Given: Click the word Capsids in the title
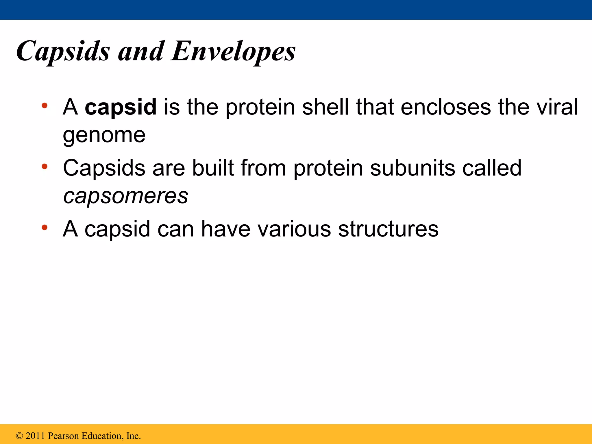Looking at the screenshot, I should coord(63,51).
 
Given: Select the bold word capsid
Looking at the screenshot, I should coord(121,107).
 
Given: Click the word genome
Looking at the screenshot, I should coord(104,135).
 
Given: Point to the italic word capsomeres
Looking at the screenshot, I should coord(126,196).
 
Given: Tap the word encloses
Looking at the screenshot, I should coord(445,107).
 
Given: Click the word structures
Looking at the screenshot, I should coord(388,229).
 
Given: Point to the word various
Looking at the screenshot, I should coord(294,229).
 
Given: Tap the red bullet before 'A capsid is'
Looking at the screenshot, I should coord(44,106).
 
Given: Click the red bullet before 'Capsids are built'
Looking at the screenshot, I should coord(44,166).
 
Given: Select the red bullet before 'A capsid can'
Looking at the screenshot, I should coord(44,227).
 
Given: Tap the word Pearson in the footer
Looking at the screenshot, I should coord(63,436).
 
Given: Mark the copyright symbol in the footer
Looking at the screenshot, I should coord(19,436).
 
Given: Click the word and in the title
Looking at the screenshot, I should coord(141,51).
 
